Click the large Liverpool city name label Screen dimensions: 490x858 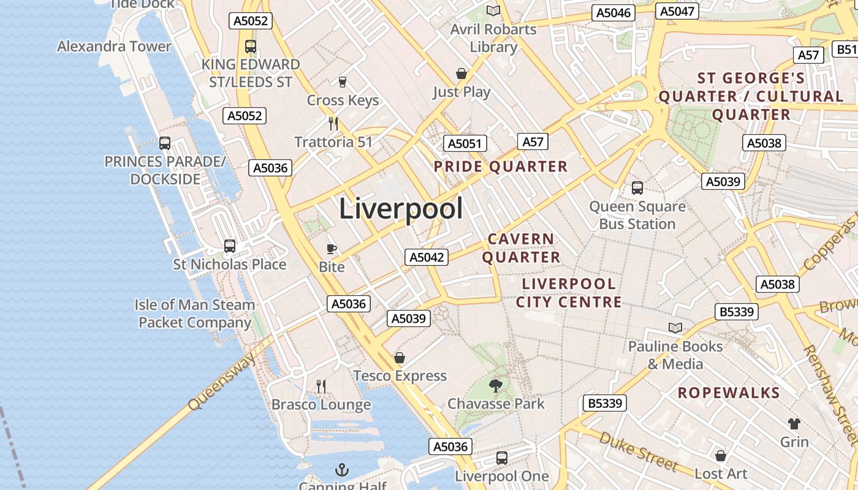tap(401, 209)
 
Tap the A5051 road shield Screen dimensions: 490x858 tap(465, 143)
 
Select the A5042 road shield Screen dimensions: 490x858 tap(427, 257)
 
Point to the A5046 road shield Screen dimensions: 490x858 tap(613, 13)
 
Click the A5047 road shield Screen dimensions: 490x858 tap(677, 11)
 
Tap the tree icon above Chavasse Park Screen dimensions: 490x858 tap(495, 386)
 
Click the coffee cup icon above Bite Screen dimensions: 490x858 tap(332, 249)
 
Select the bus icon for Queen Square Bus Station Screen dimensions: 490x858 tap(637, 188)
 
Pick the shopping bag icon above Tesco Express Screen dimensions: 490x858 tap(400, 358)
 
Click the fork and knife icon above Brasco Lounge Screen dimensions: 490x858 tap(321, 386)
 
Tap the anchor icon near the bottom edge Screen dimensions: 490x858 tap(342, 470)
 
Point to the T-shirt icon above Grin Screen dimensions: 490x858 tap(794, 423)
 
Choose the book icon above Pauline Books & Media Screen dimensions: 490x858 tap(675, 328)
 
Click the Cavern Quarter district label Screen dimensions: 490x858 tap(521, 248)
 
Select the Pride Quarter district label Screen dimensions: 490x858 tap(501, 167)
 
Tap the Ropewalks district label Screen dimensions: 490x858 tap(728, 393)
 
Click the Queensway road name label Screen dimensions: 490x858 tap(222, 383)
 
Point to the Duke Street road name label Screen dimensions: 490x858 tap(638, 451)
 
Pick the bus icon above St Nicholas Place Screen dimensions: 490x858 tap(230, 246)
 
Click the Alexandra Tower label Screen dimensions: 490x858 tap(114, 47)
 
